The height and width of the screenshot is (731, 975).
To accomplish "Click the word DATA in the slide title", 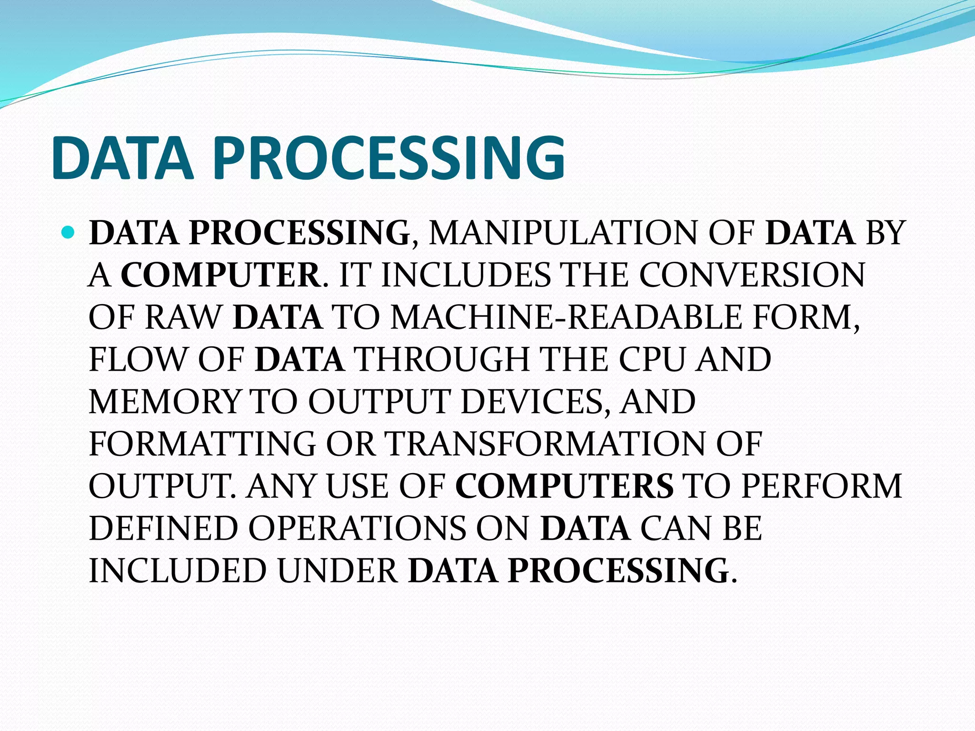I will (x=123, y=158).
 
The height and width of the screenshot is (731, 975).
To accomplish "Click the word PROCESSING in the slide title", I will (x=389, y=158).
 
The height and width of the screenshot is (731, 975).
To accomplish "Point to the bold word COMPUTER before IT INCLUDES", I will (x=221, y=275).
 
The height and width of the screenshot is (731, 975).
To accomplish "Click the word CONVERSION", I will (x=751, y=275).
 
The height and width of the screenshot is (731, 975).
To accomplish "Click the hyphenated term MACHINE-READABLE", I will (x=566, y=317).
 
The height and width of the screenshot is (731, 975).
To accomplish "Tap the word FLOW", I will (x=138, y=359).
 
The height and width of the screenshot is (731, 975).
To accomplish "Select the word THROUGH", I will (x=443, y=359).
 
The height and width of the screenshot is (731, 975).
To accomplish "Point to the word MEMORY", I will (x=165, y=402).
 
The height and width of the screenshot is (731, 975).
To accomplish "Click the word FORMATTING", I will (x=202, y=444).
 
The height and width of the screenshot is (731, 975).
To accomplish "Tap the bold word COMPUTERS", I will (x=565, y=486).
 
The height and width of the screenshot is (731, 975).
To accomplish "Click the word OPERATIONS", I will (x=357, y=528).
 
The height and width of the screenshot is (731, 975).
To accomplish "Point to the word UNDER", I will (x=338, y=571).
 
